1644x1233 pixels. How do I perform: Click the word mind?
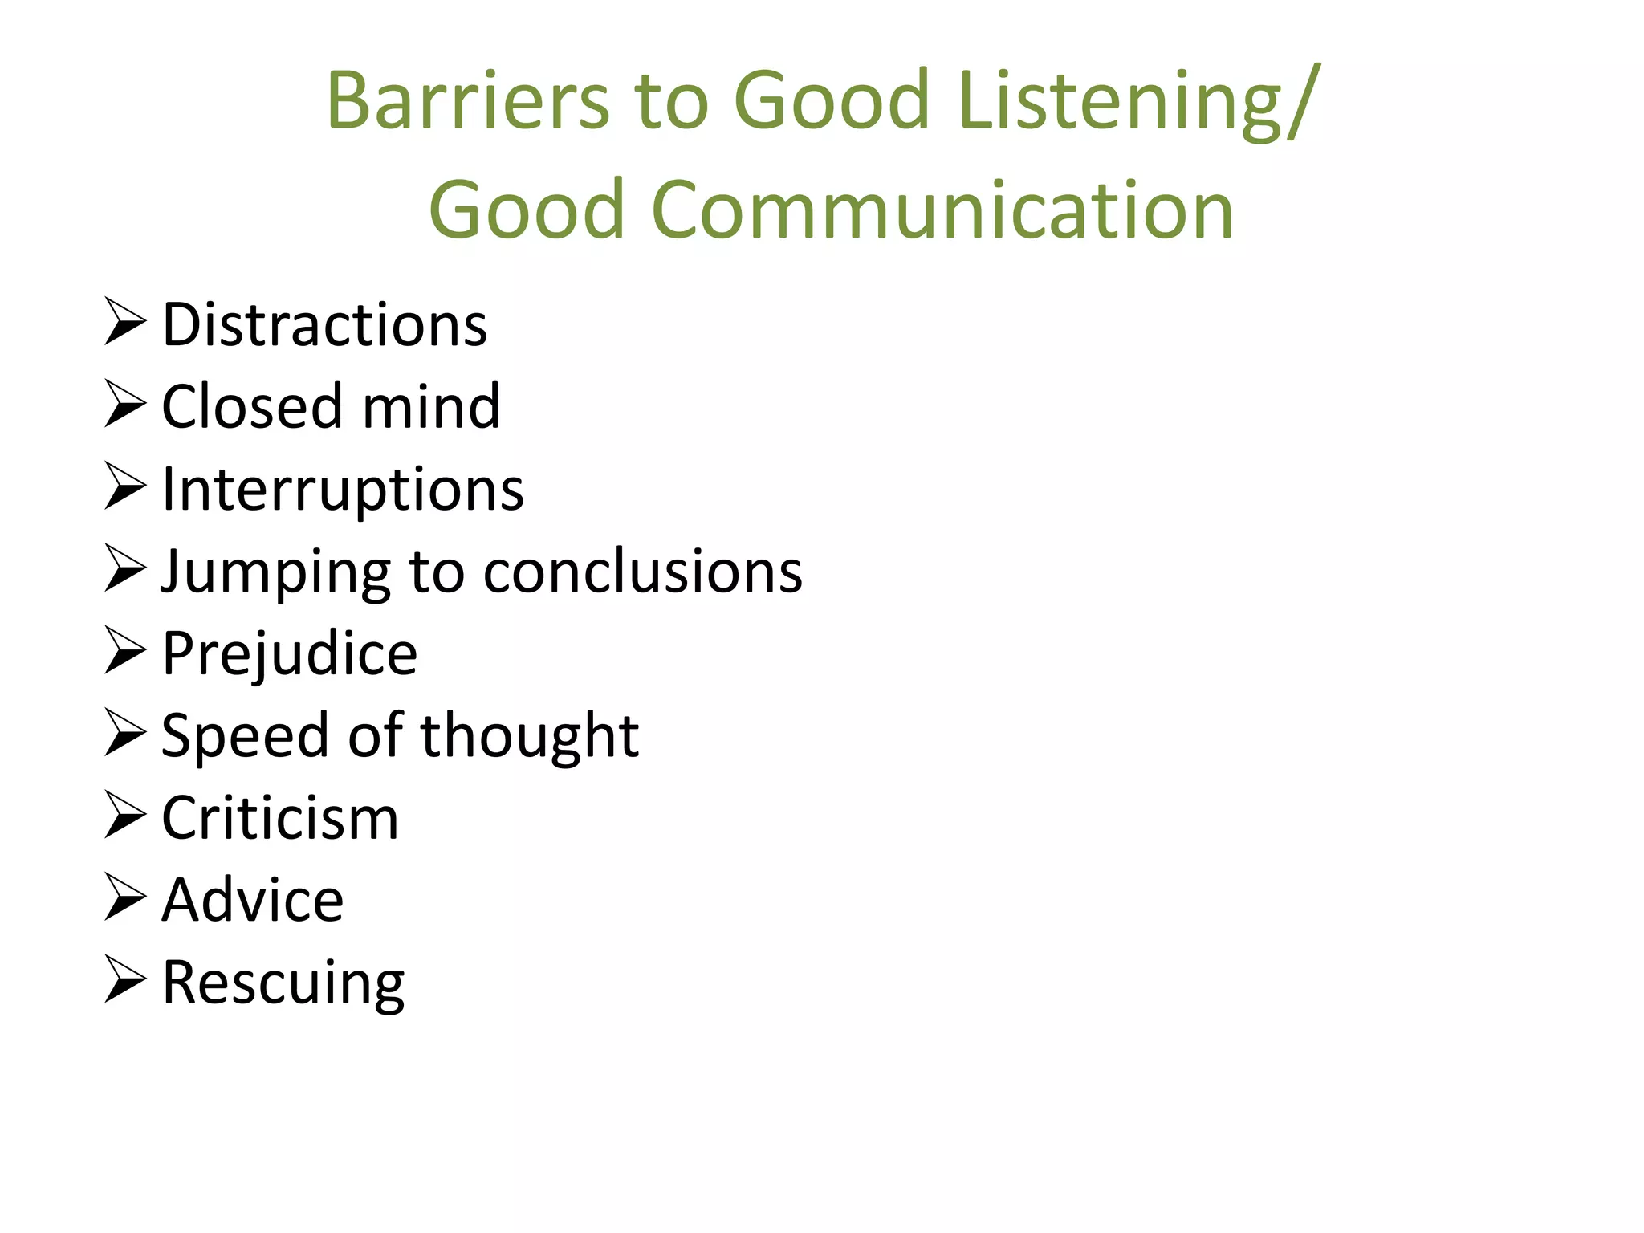point(431,407)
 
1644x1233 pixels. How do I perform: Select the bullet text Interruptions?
point(343,490)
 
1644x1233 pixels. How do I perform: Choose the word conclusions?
point(643,572)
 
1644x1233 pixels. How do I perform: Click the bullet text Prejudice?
point(289,654)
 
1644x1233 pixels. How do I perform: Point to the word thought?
point(530,736)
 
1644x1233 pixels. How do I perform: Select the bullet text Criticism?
point(280,819)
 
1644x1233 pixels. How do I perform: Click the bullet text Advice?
point(253,901)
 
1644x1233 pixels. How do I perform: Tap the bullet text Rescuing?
point(283,983)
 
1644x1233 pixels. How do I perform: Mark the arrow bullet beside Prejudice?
point(125,651)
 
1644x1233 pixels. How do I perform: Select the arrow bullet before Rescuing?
point(125,979)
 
